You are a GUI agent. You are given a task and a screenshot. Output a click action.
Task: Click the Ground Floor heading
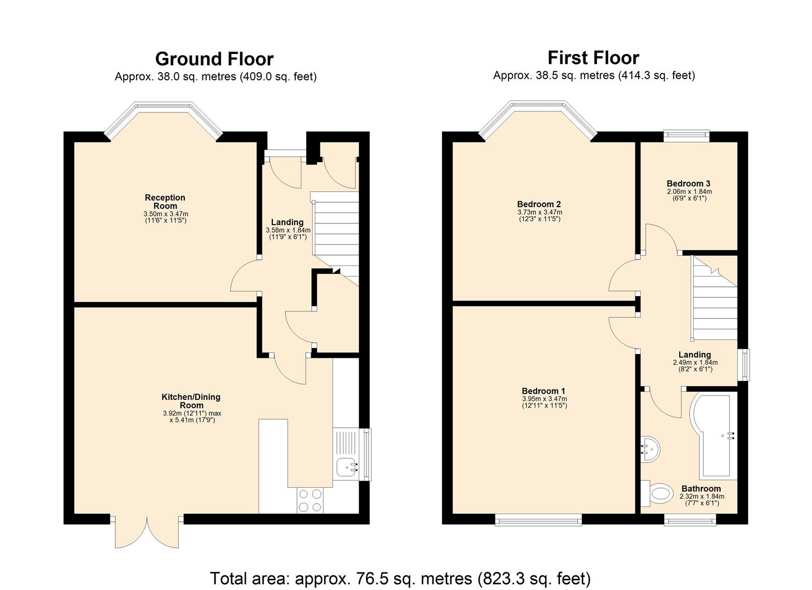(214, 59)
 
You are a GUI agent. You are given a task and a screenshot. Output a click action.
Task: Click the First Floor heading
(593, 58)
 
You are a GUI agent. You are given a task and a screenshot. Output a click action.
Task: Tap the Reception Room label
(165, 202)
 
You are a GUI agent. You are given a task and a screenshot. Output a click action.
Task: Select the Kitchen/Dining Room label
(191, 401)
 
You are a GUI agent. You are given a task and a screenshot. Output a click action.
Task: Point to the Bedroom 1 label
(544, 391)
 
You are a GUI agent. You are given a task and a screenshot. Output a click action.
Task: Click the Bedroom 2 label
(539, 205)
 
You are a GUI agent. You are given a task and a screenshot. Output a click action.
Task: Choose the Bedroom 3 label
(688, 184)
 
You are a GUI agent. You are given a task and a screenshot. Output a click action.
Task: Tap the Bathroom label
(701, 488)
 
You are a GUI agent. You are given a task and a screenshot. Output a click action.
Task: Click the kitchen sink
(347, 467)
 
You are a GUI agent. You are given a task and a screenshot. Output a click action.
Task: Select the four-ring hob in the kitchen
(310, 500)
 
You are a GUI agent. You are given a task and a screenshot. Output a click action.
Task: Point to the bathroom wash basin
(651, 450)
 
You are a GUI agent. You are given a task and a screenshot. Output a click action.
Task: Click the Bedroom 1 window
(538, 520)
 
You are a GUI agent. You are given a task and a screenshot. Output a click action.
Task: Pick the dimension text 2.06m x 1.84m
(689, 192)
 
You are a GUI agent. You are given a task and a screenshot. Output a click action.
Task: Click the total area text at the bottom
(400, 578)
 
